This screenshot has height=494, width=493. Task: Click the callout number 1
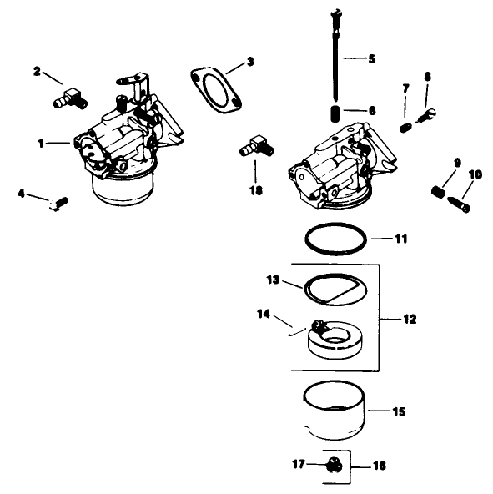tap(40, 143)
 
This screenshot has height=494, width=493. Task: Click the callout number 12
tap(409, 319)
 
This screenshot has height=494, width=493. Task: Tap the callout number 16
tap(379, 466)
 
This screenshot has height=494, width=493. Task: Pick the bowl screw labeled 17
tap(333, 464)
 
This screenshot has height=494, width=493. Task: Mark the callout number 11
tap(401, 239)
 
